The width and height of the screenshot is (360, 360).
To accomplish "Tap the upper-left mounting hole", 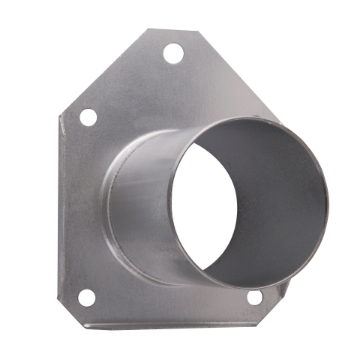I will coord(88,117).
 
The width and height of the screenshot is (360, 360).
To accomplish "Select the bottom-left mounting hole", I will coord(86,297).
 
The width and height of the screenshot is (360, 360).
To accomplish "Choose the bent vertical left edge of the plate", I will coord(60,200).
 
